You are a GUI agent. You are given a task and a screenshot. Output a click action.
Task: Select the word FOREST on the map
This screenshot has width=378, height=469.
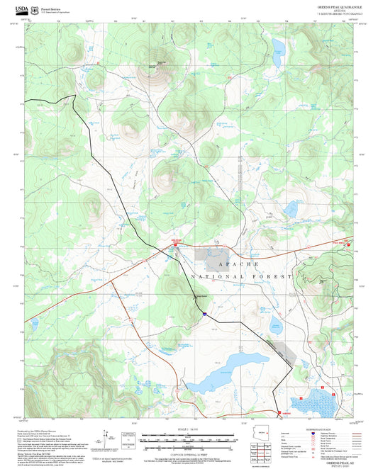277,276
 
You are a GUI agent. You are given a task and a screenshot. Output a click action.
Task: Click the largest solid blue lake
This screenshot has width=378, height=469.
221,383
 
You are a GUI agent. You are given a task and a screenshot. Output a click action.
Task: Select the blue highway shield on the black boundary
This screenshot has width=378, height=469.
204,312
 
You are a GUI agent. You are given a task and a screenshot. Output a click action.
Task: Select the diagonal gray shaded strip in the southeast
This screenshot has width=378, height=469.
281,351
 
